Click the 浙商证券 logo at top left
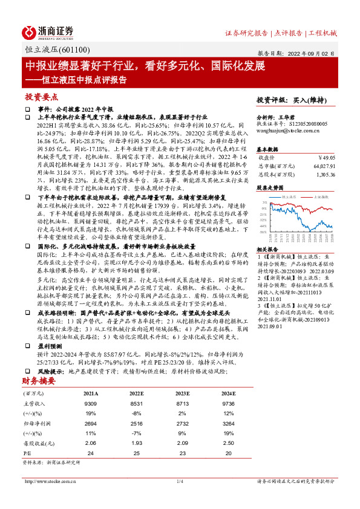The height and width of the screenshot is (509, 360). (48, 31)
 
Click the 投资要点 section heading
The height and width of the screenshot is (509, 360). (41, 97)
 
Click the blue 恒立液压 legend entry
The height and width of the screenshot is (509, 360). (286, 196)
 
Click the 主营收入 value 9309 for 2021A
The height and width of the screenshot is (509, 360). (91, 404)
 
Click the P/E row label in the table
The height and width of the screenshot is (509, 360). (27, 453)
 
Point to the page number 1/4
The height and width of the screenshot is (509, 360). (180, 481)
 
